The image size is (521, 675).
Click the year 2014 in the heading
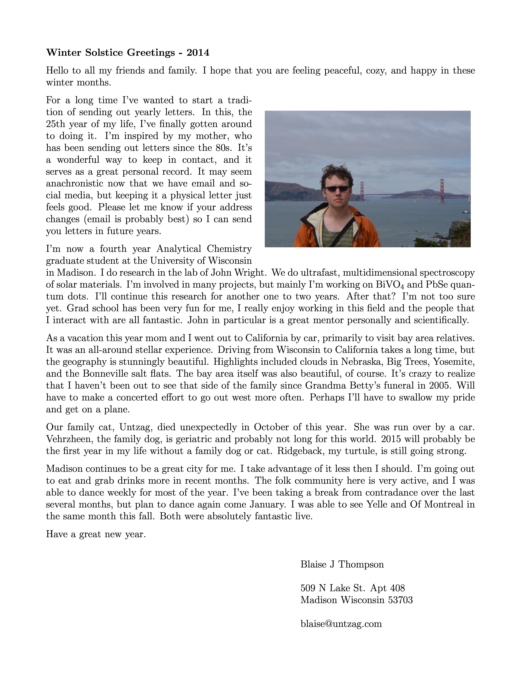(198, 53)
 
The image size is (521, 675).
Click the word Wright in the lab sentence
(249, 273)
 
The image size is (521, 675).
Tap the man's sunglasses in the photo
(336, 189)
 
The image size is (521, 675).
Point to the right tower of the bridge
(442, 190)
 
